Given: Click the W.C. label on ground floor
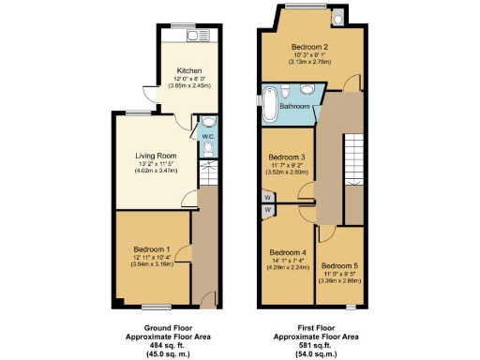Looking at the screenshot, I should point(208,139).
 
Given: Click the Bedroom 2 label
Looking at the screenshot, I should point(308,47).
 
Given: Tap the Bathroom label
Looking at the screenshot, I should point(298,107).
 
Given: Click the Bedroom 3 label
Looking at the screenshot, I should point(287,157).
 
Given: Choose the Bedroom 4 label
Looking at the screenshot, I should point(288,252).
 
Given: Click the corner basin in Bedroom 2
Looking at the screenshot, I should point(336,16).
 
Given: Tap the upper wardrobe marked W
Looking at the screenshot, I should point(267,198).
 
